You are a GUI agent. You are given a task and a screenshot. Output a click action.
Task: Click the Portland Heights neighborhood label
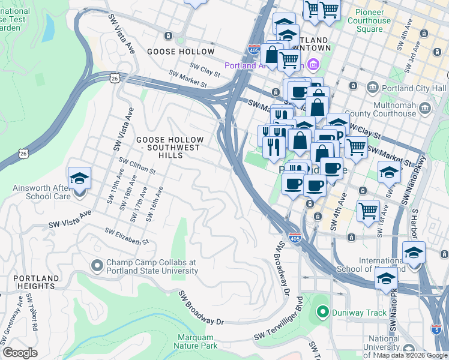[36, 283]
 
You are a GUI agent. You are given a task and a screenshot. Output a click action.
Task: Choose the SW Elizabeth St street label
[127, 236]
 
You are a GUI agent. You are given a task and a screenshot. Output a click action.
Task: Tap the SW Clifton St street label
[137, 166]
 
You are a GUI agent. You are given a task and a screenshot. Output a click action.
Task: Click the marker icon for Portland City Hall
[372, 88]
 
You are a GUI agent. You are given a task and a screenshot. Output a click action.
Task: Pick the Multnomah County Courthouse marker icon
[426, 108]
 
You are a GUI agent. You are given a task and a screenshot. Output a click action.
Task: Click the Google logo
[20, 353]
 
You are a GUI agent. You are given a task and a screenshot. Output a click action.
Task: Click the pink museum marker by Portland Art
[313, 64]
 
